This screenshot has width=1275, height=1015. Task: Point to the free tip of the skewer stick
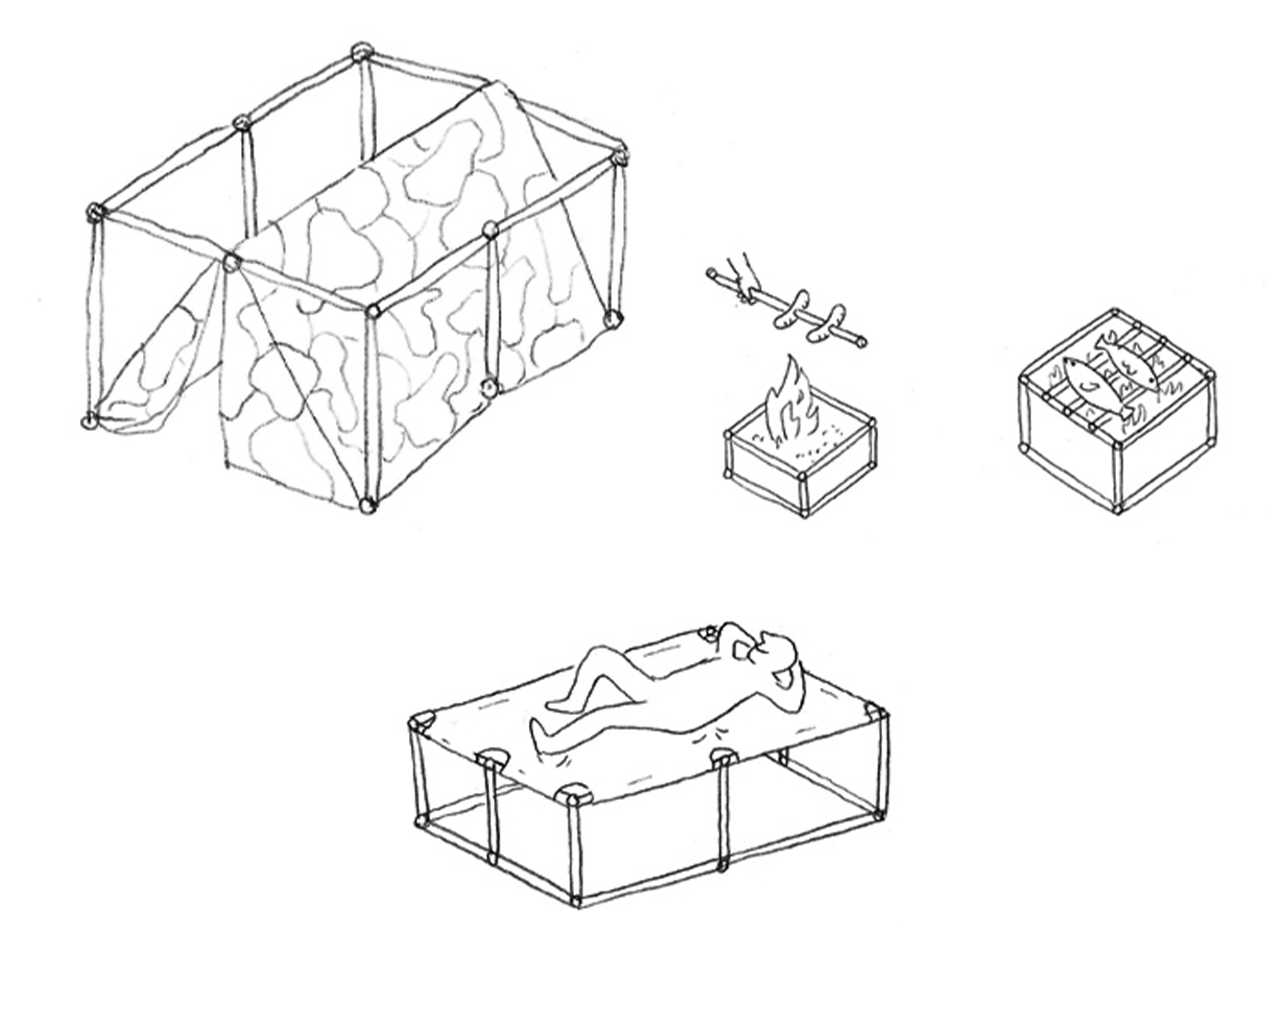click(x=863, y=341)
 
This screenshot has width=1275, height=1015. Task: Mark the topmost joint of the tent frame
click(x=358, y=52)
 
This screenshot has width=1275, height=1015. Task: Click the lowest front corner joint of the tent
click(x=367, y=505)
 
